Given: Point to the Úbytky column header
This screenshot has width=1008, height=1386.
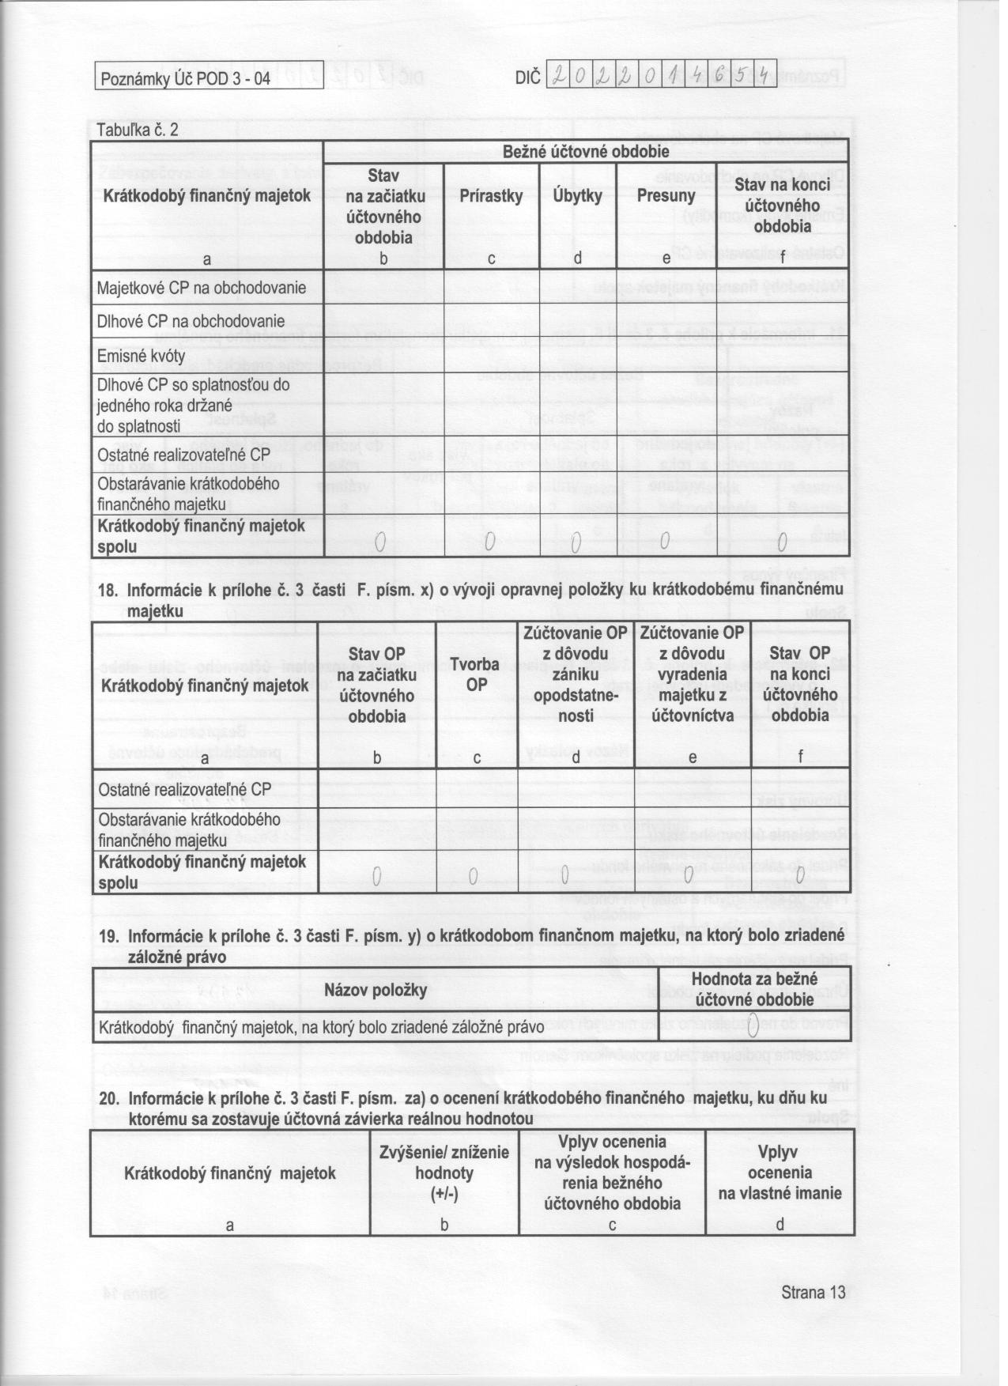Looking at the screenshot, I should (x=577, y=196).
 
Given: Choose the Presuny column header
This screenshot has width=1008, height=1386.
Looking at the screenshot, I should (x=666, y=196).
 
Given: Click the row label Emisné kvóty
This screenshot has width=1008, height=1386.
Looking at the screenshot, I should (x=141, y=356).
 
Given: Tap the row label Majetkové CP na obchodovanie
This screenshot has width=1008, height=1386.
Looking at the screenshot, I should (x=201, y=288).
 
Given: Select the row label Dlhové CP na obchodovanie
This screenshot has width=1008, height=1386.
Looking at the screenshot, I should (x=190, y=322).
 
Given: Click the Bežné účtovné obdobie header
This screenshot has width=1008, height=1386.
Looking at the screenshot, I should (x=586, y=151).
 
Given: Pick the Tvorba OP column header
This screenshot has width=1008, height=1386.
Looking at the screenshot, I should (x=476, y=674).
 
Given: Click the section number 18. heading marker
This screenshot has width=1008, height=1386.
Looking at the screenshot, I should (x=108, y=590).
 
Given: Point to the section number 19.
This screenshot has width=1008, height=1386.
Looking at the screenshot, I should (x=108, y=936).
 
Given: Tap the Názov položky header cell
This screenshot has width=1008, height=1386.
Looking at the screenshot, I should (x=376, y=990).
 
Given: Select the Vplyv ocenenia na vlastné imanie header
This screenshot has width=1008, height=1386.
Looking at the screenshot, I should (x=780, y=1173).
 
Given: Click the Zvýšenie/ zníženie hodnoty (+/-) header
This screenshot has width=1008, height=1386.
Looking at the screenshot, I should (x=444, y=1173).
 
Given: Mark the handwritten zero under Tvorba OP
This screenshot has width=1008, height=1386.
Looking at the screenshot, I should (x=473, y=876).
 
